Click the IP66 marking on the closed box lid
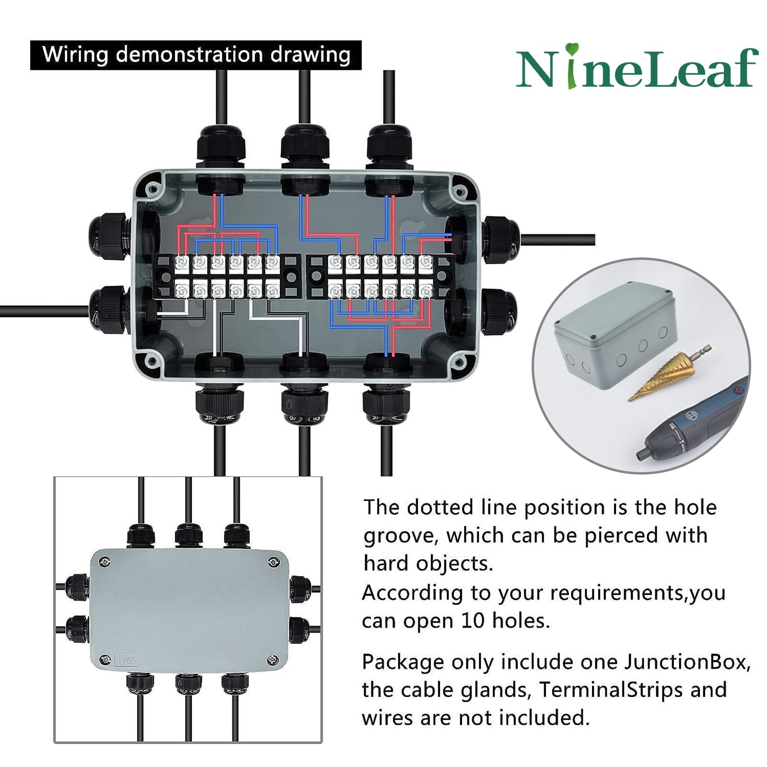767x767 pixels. (127, 661)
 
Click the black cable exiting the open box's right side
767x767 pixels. (558, 240)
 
